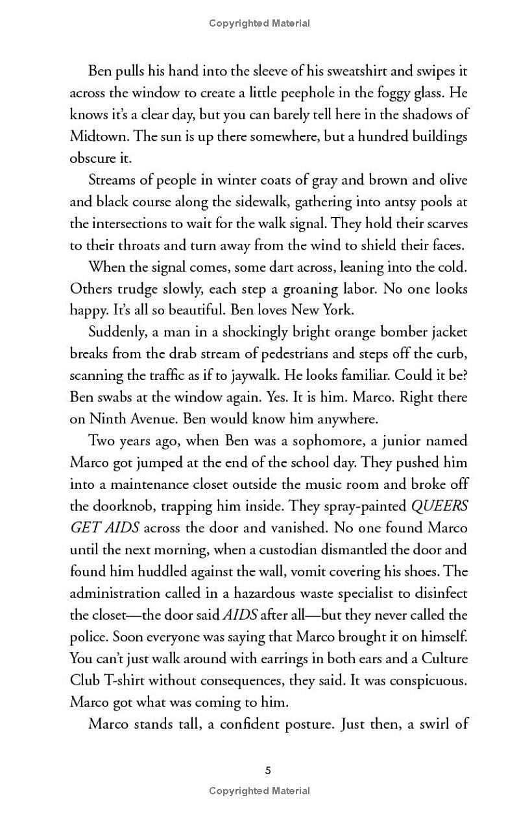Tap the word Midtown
coord(97,136)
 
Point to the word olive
coord(450,180)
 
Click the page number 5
coord(268,771)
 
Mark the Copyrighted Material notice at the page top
coord(259,23)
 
